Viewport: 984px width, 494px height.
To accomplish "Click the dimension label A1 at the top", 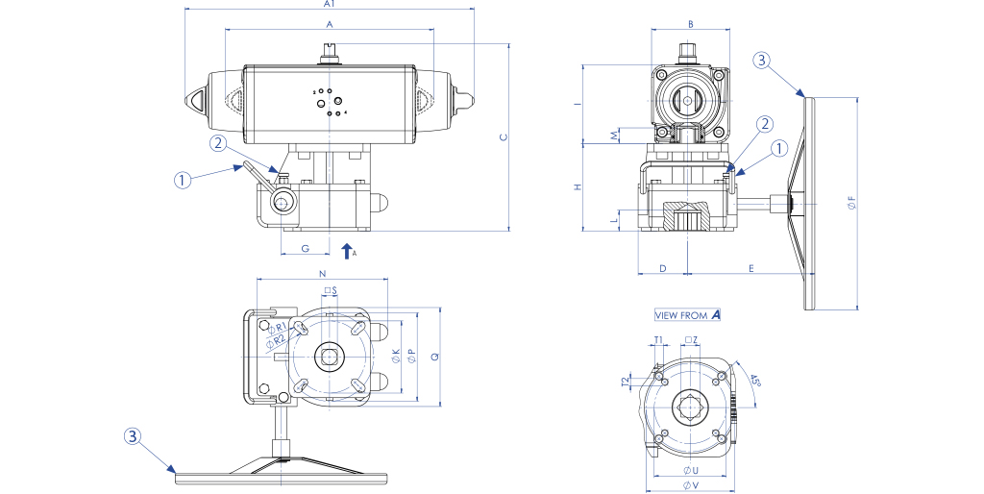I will point(330,5).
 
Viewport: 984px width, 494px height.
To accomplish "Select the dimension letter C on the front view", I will point(503,137).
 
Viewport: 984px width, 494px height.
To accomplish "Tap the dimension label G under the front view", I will point(305,248).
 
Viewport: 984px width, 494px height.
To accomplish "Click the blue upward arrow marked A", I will point(347,252).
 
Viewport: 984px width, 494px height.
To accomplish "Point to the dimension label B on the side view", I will point(689,23).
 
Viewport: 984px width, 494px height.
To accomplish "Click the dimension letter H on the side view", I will point(578,187).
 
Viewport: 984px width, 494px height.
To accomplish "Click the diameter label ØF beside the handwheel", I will point(850,204).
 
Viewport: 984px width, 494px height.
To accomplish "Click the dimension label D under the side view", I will point(663,267).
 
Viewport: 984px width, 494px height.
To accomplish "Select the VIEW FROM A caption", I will point(687,315).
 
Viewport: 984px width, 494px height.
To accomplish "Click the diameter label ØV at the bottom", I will point(689,486).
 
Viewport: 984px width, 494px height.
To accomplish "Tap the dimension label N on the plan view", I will point(321,274).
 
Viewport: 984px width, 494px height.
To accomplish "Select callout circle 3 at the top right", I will point(761,62).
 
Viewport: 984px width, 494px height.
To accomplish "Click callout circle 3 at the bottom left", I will point(134,435).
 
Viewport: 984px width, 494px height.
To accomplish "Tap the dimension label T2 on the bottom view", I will point(626,382).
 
